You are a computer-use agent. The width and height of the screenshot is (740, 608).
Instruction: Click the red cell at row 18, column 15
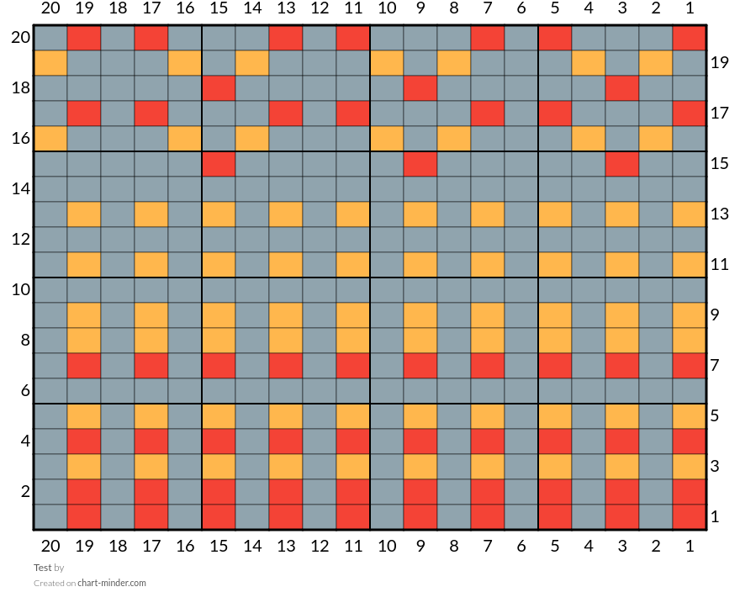pyautogui.click(x=219, y=87)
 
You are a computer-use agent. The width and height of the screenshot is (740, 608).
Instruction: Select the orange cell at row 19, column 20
pyautogui.click(x=50, y=63)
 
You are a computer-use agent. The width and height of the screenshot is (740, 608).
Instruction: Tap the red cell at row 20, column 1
pyautogui.click(x=690, y=38)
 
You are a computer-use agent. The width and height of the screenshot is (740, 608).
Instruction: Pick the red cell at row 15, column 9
pyautogui.click(x=420, y=164)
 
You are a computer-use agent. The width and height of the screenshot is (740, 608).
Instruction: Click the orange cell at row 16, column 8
pyautogui.click(x=454, y=138)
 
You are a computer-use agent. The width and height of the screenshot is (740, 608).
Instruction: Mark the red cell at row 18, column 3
pyautogui.click(x=622, y=87)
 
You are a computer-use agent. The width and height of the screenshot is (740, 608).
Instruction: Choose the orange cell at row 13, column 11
pyautogui.click(x=353, y=214)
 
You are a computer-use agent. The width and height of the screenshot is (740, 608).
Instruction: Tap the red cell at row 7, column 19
pyautogui.click(x=84, y=366)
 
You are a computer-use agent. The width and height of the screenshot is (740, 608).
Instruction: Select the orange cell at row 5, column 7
pyautogui.click(x=488, y=416)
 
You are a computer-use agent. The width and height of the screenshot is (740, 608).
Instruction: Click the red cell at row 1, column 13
pyautogui.click(x=286, y=517)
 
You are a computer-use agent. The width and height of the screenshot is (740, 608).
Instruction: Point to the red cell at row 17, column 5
pyautogui.click(x=555, y=114)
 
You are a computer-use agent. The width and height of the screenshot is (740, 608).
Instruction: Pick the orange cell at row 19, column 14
pyautogui.click(x=252, y=63)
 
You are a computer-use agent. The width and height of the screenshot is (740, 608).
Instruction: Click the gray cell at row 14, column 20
pyautogui.click(x=50, y=189)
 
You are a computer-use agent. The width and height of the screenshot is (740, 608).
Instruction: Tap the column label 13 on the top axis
pyautogui.click(x=286, y=8)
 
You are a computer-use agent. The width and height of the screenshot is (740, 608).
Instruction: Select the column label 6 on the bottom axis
pyautogui.click(x=521, y=546)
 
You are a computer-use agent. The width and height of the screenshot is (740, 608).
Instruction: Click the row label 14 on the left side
pyautogui.click(x=21, y=189)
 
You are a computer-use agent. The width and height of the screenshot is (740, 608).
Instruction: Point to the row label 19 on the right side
pyautogui.click(x=719, y=63)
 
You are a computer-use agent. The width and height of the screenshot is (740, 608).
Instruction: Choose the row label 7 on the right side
pyautogui.click(x=715, y=365)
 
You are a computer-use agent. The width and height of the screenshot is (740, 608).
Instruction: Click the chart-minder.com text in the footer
pyautogui.click(x=112, y=583)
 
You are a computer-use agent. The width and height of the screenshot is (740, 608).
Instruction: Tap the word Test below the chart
pyautogui.click(x=43, y=568)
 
